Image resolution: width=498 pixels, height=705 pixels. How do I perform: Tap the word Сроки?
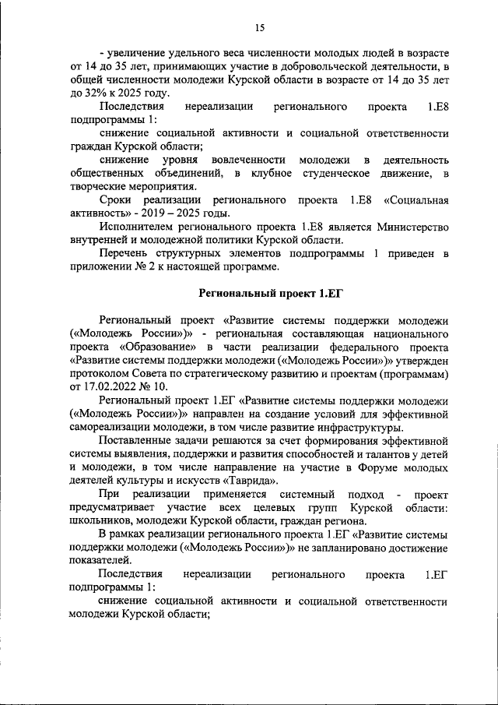click(117, 199)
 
